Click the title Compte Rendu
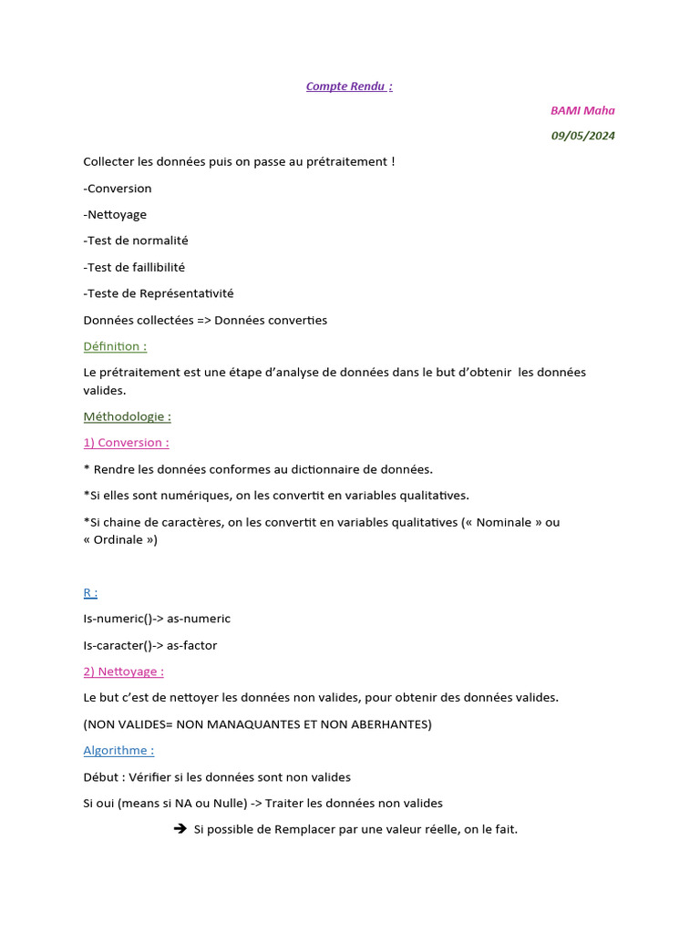[x=349, y=87]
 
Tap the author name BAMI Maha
[x=582, y=111]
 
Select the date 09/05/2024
[x=582, y=136]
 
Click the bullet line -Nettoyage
[x=115, y=215]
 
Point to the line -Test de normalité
[x=136, y=241]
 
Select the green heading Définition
[x=115, y=346]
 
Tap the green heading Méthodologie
[x=127, y=416]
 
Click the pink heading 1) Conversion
[x=126, y=443]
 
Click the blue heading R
[x=90, y=592]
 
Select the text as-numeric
[x=199, y=619]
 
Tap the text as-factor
[x=192, y=645]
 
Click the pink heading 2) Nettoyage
[x=123, y=672]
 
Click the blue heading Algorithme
[x=118, y=751]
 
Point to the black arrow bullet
[x=180, y=828]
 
